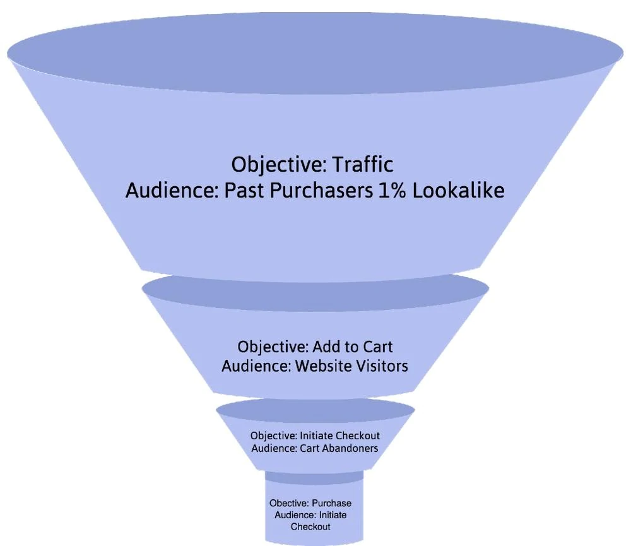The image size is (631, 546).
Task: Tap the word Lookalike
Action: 458,191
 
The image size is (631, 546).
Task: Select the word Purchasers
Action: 322,191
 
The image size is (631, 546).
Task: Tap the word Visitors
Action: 383,366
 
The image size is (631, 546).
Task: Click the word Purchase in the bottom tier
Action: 332,503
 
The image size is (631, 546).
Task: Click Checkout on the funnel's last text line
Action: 310,526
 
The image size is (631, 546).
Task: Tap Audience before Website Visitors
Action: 256,366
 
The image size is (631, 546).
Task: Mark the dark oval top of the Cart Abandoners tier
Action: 315,411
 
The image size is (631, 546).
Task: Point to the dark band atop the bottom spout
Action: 314,477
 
